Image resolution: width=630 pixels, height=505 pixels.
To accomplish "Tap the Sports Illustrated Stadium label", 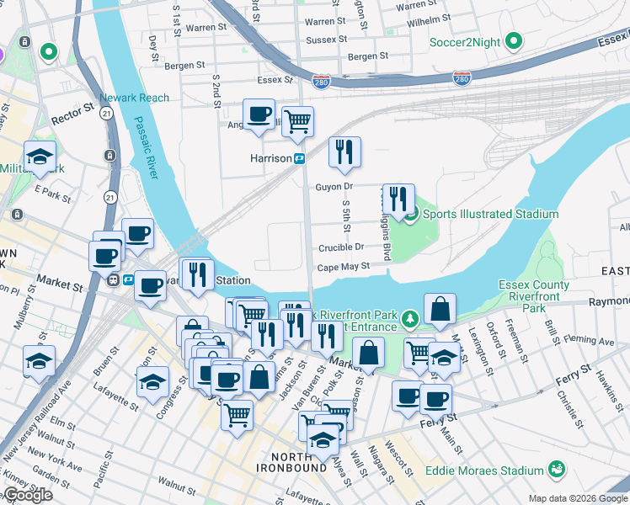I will coord(490,214).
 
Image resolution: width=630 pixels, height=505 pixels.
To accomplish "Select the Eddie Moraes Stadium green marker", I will coord(555,469).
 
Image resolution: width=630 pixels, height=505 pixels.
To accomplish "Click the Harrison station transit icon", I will coord(299,157).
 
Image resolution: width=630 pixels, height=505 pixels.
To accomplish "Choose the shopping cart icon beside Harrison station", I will coord(296,122).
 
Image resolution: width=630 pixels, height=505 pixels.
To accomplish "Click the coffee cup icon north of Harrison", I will coord(259,114).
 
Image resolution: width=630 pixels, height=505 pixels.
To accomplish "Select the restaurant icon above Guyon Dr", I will coord(344,152).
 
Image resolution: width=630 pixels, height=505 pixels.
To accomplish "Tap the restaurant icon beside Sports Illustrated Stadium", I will coord(398,199).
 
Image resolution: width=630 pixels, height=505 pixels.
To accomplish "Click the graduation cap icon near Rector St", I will coord(40,157).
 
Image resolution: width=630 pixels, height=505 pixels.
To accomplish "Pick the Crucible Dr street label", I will coord(341,247).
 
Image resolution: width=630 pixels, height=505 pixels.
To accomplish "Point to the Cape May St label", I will coord(343,267).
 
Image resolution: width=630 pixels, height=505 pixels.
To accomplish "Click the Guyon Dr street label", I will coord(334,187).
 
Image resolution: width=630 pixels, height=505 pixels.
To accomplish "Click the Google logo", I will coord(27,495).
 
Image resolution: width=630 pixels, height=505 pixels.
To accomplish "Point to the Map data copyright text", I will coord(578,498).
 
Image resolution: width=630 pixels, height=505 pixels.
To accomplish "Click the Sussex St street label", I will coord(326,40).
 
